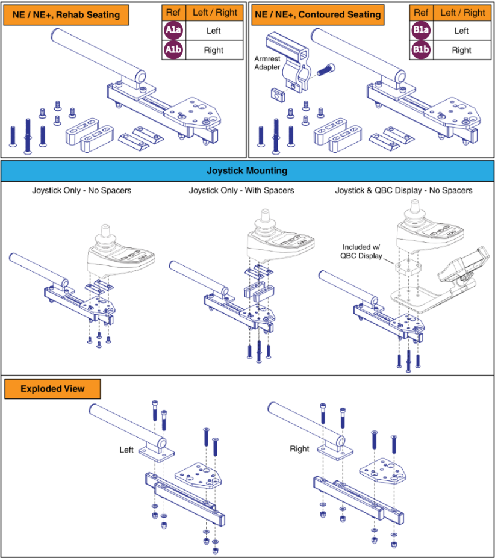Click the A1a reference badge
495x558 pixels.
point(173,30)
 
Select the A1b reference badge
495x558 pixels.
point(173,49)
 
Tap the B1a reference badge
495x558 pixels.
point(421,30)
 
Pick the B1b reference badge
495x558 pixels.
point(421,49)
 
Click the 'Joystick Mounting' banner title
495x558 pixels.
point(247,171)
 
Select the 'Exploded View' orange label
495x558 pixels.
point(52,389)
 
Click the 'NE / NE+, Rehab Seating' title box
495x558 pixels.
point(66,15)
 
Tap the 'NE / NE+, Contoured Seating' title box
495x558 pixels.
point(317,15)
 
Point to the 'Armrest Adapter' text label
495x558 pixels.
point(267,63)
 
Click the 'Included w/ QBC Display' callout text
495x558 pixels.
point(361,251)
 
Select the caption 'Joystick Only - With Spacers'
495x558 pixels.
point(241,190)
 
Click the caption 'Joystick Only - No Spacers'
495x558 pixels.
point(81,190)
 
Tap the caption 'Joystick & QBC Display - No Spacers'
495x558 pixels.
point(404,190)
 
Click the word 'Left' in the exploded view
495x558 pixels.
point(126,450)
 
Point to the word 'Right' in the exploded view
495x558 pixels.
point(299,449)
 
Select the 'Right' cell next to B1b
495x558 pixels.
point(461,50)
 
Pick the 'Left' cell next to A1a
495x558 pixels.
point(214,31)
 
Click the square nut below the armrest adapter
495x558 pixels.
point(278,95)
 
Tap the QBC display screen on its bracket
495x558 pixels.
point(464,263)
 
